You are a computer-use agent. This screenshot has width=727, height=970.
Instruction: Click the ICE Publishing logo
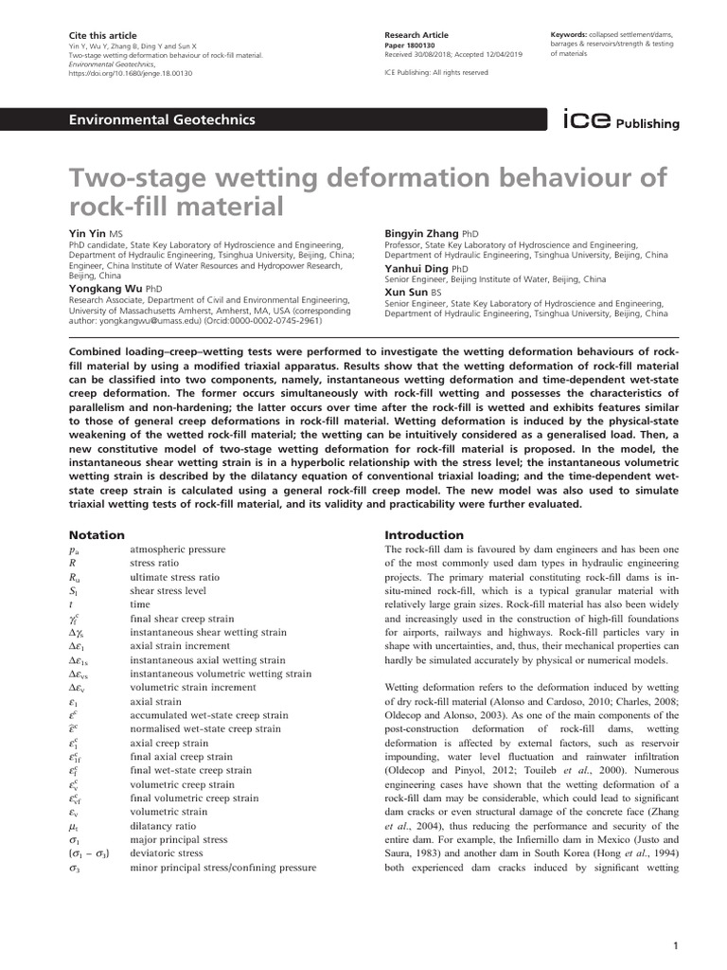point(621,121)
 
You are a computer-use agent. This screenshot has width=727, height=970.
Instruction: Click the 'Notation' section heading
point(98,535)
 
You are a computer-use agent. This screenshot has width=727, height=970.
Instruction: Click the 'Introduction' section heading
point(424,535)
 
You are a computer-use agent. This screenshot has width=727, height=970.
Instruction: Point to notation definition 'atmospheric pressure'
point(177,549)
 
